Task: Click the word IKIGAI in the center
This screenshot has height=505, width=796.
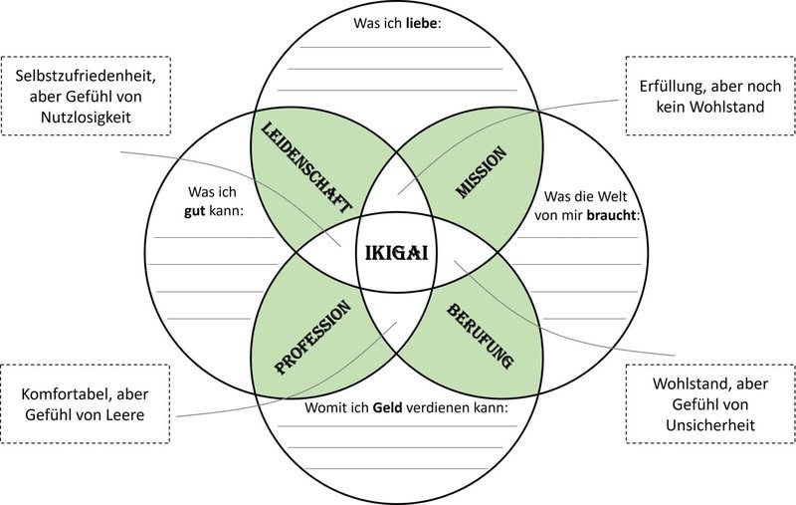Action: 397,253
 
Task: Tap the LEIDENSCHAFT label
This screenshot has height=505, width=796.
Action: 305,167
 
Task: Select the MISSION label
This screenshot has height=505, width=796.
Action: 482,171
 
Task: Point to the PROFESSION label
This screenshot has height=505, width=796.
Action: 312,338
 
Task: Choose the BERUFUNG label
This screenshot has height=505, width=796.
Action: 481,336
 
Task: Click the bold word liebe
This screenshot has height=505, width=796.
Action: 420,23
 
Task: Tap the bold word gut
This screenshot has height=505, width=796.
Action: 194,211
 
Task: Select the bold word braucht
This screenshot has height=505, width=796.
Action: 611,215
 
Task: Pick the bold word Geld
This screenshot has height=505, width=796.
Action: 387,407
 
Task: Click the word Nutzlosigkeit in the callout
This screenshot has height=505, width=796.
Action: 86,117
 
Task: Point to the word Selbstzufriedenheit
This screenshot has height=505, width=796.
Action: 86,76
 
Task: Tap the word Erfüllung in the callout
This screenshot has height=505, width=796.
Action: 670,87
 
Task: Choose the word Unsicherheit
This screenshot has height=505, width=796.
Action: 710,424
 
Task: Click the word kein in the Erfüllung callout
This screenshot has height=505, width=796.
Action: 670,107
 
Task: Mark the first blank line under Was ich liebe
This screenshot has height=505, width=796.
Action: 395,47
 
